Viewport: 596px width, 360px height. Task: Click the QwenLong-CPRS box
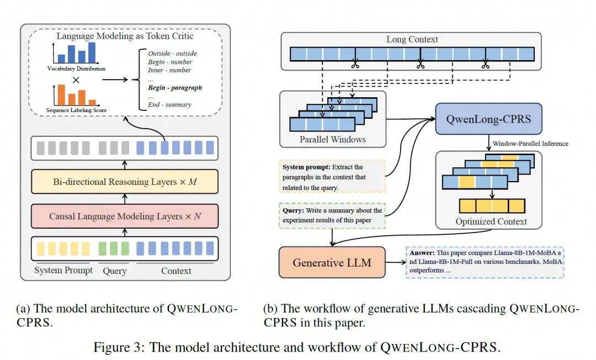[488, 119]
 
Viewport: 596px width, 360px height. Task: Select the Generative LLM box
[332, 262]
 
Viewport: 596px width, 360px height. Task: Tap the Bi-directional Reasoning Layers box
[125, 182]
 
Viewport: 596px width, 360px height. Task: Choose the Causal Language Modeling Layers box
[125, 216]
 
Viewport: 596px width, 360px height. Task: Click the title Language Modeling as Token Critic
[125, 36]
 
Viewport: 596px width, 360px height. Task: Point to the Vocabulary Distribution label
[76, 69]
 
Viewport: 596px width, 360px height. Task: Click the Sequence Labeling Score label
[76, 110]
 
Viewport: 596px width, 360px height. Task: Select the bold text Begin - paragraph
[175, 87]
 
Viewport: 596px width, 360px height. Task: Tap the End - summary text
[169, 104]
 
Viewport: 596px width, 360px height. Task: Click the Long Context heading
[412, 39]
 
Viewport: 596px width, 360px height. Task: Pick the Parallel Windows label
[333, 140]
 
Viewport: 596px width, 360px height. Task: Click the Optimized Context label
[491, 221]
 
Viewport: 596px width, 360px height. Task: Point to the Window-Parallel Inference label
[530, 144]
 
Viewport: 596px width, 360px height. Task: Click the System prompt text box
[332, 177]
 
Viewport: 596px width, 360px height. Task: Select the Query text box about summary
[332, 215]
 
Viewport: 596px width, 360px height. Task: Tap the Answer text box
[485, 262]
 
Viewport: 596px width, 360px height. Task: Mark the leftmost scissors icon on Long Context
[355, 64]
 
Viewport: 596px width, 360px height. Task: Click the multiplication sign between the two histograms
[76, 80]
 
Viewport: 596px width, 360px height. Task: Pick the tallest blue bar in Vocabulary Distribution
[92, 52]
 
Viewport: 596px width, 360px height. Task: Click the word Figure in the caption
[113, 347]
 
